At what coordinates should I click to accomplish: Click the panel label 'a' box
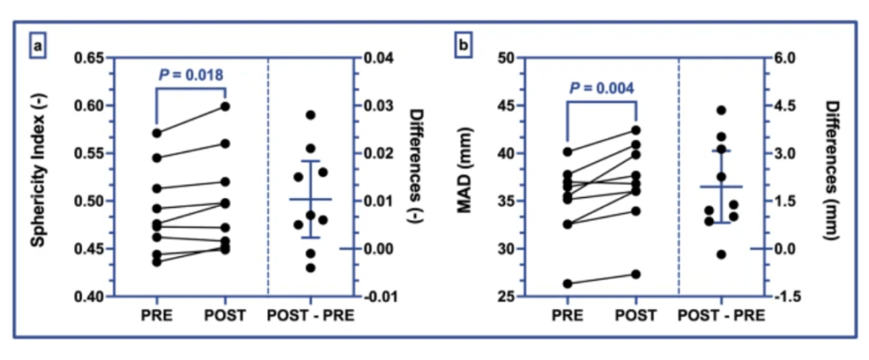click(x=36, y=44)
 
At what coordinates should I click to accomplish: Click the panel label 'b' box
click(x=463, y=44)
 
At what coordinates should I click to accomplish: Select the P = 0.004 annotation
click(x=602, y=87)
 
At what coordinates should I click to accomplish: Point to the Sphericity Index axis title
click(x=38, y=177)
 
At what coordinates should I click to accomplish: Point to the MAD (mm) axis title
click(x=466, y=177)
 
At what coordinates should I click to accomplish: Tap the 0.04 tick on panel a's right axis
click(x=378, y=59)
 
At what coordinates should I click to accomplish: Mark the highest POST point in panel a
click(x=225, y=106)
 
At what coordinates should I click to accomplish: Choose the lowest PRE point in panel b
click(x=568, y=284)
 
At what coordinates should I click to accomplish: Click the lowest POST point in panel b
click(x=636, y=274)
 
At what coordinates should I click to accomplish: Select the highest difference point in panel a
click(x=311, y=115)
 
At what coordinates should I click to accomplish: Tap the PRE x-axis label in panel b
click(x=568, y=317)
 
